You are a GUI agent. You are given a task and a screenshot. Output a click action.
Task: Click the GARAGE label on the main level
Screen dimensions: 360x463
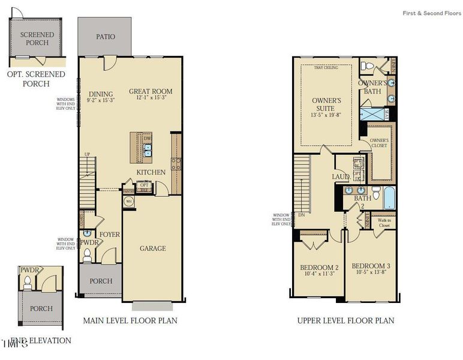(152, 248)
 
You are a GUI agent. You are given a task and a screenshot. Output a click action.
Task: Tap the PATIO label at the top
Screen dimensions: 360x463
(106, 37)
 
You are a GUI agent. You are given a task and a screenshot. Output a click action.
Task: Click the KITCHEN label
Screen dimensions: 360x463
(151, 173)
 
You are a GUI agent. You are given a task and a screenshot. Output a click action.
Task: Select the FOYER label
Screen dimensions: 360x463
(110, 234)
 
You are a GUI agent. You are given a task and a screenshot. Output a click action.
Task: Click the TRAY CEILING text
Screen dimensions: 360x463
(326, 68)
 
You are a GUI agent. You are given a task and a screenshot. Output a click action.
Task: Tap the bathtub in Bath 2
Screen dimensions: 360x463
(388, 197)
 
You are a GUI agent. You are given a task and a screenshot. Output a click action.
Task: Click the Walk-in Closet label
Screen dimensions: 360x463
(383, 223)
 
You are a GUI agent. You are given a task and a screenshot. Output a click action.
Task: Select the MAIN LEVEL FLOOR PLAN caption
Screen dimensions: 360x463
(130, 320)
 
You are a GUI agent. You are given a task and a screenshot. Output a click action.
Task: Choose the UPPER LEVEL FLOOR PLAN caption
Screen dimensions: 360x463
(345, 320)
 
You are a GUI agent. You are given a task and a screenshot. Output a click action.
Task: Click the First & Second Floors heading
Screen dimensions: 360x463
(432, 13)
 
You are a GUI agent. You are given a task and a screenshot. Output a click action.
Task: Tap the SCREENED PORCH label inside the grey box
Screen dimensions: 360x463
(37, 39)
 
